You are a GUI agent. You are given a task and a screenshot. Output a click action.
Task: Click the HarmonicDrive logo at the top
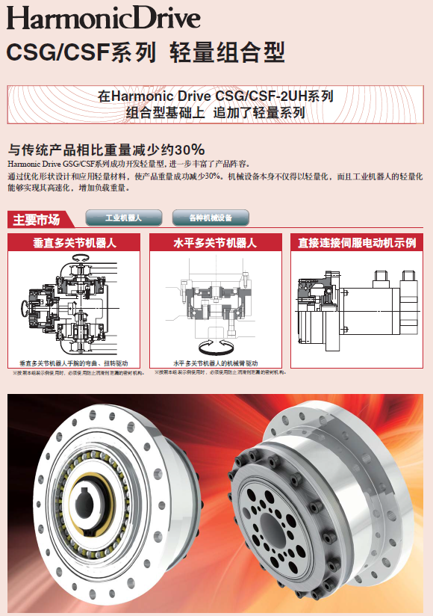click(104, 18)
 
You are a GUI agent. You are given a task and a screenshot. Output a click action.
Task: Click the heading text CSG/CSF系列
click(81, 52)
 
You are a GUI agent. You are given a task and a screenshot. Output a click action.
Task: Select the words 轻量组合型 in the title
click(227, 52)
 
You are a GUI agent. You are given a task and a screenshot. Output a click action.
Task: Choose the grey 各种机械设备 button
click(211, 218)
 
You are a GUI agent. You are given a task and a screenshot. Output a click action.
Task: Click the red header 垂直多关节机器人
click(75, 243)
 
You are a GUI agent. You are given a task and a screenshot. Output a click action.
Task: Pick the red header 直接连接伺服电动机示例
click(357, 243)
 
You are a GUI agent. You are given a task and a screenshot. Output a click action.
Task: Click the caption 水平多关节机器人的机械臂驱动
click(216, 362)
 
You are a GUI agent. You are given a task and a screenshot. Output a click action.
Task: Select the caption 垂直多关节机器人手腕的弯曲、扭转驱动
click(75, 362)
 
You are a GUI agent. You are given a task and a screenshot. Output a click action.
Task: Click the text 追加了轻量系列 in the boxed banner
click(259, 113)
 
